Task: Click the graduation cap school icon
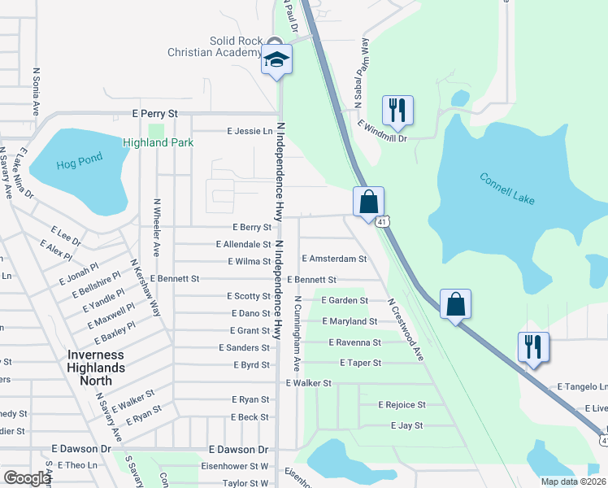pyautogui.click(x=277, y=59)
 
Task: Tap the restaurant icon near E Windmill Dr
pyautogui.click(x=397, y=110)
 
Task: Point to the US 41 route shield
pyautogui.click(x=381, y=220)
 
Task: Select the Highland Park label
pyautogui.click(x=158, y=142)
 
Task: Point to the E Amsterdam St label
pyautogui.click(x=334, y=259)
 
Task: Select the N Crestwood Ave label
pyautogui.click(x=406, y=329)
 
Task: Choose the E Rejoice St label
pyautogui.click(x=402, y=405)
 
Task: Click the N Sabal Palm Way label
pyautogui.click(x=361, y=73)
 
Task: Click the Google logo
pyautogui.click(x=27, y=478)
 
